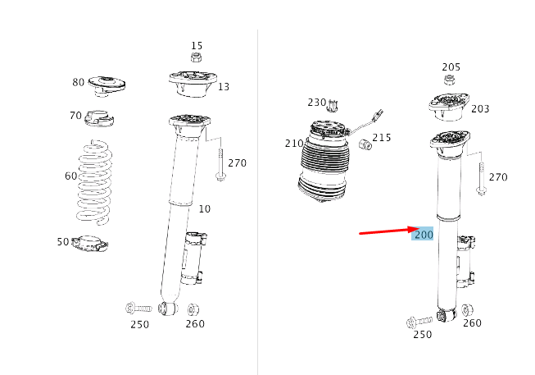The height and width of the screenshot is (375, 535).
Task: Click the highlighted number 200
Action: (423, 235)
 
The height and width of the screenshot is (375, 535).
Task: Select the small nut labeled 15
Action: (197, 57)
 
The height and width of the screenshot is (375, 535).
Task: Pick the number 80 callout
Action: (78, 82)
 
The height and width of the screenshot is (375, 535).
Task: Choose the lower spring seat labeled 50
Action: (91, 244)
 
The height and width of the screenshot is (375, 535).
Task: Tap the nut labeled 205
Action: (450, 80)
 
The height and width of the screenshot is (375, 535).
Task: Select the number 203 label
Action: (480, 109)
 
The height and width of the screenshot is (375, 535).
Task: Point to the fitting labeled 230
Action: (333, 105)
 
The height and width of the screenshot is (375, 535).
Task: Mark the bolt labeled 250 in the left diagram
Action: (139, 309)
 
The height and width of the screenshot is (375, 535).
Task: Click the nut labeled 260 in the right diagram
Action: (467, 310)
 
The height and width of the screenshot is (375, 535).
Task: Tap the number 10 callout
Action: (204, 209)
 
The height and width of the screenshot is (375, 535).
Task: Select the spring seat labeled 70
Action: (97, 118)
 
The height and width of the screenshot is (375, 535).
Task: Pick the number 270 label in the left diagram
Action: (237, 163)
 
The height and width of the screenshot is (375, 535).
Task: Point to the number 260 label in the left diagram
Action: (195, 324)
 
